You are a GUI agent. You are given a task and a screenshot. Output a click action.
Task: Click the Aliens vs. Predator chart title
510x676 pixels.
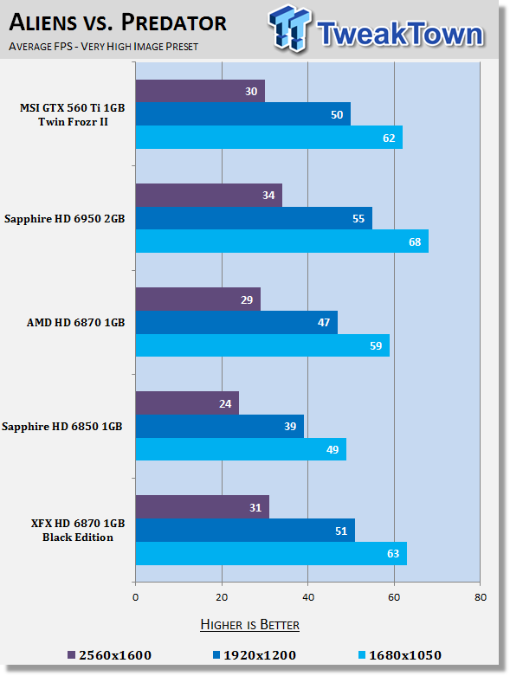pyautogui.click(x=118, y=23)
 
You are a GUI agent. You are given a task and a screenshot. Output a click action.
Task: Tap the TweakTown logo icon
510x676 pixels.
pyautogui.click(x=290, y=29)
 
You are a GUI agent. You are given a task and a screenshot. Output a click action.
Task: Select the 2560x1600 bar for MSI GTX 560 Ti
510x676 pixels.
pyautogui.click(x=200, y=91)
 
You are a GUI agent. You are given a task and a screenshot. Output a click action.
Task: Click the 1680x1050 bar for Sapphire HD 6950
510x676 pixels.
pyautogui.click(x=282, y=241)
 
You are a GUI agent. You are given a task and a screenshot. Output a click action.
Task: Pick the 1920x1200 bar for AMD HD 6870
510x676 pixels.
pyautogui.click(x=236, y=323)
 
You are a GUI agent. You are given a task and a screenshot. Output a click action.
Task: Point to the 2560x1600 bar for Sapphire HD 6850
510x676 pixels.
pyautogui.click(x=187, y=403)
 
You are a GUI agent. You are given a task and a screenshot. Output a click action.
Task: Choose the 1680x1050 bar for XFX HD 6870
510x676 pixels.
pyautogui.click(x=271, y=554)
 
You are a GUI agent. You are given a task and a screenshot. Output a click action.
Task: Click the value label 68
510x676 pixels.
pyautogui.click(x=415, y=241)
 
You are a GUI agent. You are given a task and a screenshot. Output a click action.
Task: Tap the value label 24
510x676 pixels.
pyautogui.click(x=225, y=404)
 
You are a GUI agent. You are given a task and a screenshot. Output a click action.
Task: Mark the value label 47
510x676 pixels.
pyautogui.click(x=324, y=323)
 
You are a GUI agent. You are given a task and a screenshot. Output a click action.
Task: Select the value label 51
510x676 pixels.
pyautogui.click(x=341, y=531)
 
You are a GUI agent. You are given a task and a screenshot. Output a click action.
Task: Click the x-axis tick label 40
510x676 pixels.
pyautogui.click(x=307, y=597)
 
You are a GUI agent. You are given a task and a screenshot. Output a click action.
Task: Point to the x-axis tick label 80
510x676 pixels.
pyautogui.click(x=481, y=597)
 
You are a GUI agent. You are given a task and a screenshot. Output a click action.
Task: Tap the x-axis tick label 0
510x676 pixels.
pyautogui.click(x=135, y=597)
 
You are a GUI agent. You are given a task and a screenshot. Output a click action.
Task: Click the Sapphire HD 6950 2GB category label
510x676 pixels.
pyautogui.click(x=65, y=219)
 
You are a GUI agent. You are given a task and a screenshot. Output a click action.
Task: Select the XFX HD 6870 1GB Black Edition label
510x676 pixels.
pyautogui.click(x=78, y=531)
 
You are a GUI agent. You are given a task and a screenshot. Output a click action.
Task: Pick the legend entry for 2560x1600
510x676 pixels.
pyautogui.click(x=110, y=655)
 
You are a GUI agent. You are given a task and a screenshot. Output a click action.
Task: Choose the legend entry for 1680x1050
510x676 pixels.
pyautogui.click(x=400, y=655)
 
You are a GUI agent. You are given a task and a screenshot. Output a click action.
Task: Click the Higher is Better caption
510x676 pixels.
pyautogui.click(x=250, y=625)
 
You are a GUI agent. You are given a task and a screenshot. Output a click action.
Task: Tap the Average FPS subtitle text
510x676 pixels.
pyautogui.click(x=103, y=47)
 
